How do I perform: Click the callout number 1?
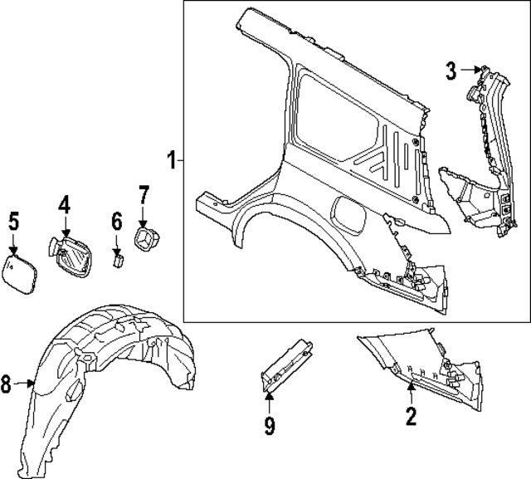click(172, 159)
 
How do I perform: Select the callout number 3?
click(451, 71)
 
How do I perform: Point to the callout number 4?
click(65, 203)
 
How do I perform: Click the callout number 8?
click(7, 384)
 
